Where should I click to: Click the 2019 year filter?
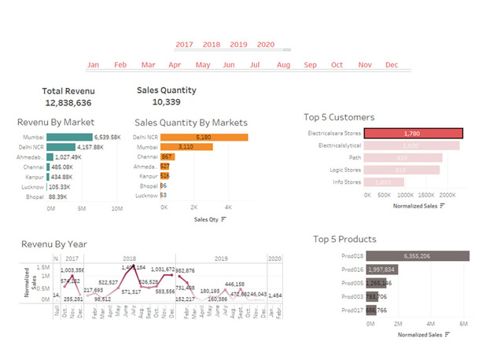point(238,45)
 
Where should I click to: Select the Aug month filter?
point(284,64)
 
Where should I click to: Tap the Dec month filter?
point(392,64)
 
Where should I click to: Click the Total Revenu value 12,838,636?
point(68,103)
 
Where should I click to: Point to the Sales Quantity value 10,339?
point(167,102)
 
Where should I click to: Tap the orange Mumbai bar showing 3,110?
point(186,147)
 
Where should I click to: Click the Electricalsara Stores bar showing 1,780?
point(413,134)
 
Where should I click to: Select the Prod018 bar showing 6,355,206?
point(418,255)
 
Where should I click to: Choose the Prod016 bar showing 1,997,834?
point(381,270)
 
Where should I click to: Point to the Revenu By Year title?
point(54,244)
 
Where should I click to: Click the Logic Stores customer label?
point(344,170)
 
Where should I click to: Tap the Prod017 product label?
point(352,310)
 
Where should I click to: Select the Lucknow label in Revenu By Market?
point(33,187)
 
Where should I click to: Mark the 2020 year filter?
point(266,45)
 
